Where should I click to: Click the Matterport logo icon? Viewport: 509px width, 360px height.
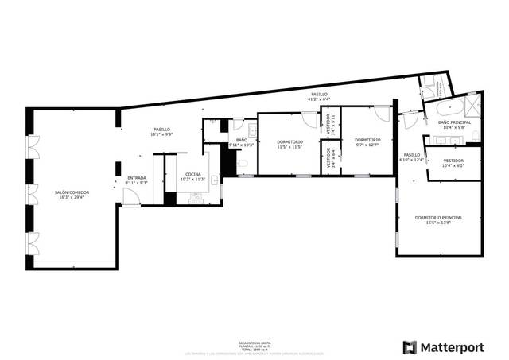(410, 347)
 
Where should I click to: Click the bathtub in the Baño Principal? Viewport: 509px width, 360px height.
(445, 108)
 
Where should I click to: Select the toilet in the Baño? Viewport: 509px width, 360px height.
(243, 164)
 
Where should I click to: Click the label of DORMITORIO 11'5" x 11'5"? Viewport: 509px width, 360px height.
(289, 142)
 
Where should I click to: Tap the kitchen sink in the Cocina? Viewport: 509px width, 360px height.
(193, 198)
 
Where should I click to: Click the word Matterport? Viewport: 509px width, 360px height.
(451, 347)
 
